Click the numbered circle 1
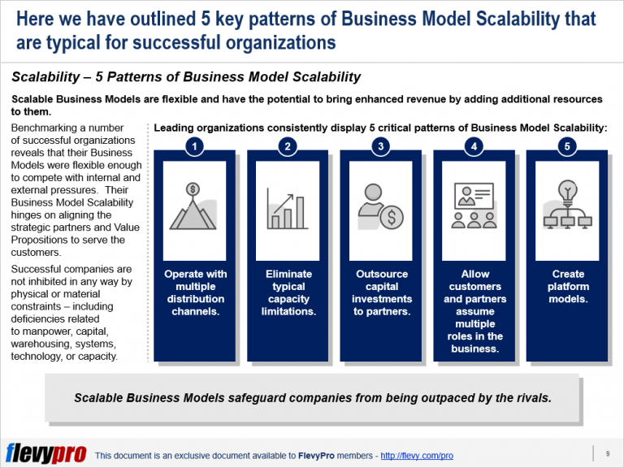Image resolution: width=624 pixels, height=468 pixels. tap(195, 146)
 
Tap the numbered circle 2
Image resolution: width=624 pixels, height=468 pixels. tap(288, 146)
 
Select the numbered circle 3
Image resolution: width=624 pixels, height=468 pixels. tap(381, 146)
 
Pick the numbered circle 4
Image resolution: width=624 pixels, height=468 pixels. tap(474, 146)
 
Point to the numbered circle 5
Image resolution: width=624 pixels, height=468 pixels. tap(567, 146)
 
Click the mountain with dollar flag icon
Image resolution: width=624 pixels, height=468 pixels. tap(195, 206)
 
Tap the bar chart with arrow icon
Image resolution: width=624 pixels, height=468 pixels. tap(288, 207)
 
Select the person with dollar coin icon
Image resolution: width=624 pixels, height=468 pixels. tap(381, 207)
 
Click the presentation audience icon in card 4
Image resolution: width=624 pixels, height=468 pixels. tap(474, 207)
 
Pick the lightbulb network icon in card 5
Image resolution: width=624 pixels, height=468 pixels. tap(567, 207)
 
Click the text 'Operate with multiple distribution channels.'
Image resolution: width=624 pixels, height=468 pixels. tap(195, 292)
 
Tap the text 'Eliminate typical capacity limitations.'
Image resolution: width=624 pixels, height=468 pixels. tap(288, 292)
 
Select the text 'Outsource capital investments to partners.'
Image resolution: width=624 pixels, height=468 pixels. tap(381, 292)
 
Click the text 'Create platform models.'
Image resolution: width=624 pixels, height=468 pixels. tap(567, 287)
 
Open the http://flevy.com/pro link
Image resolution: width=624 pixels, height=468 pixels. tap(417, 456)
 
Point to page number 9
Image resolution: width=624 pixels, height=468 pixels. tap(608, 453)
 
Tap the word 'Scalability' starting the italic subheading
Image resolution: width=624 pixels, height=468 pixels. tap(48, 77)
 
